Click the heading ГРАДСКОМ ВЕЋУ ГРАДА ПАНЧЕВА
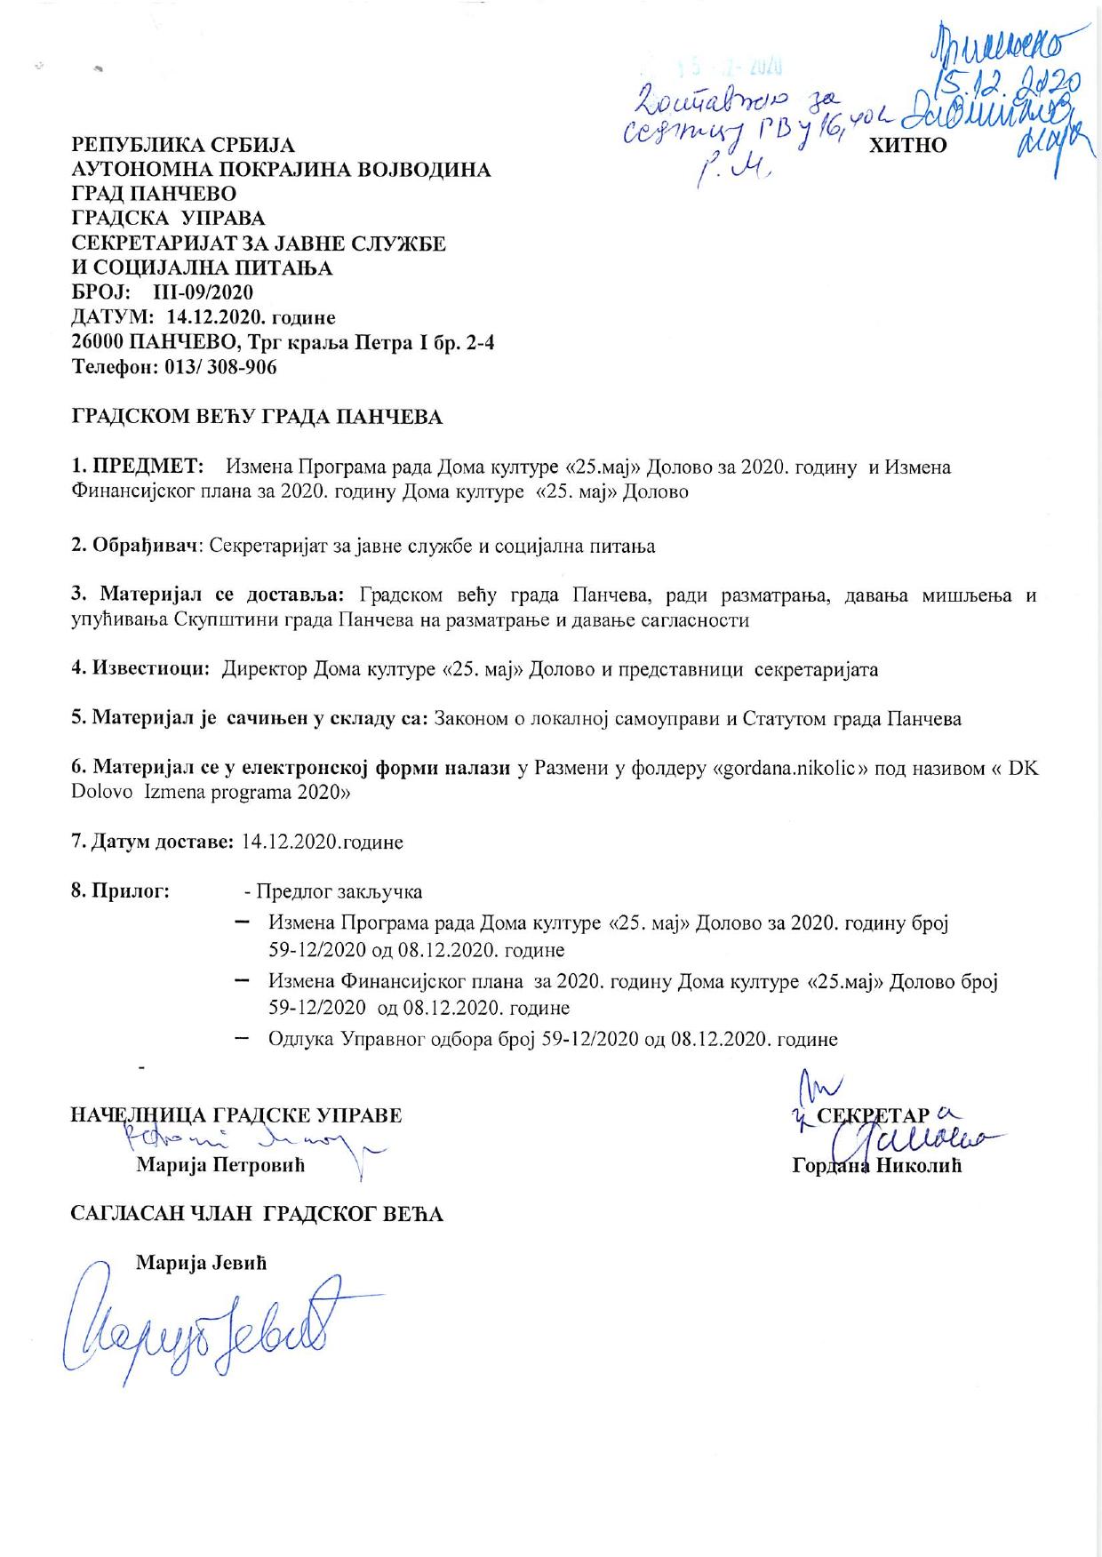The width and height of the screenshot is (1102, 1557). point(257,416)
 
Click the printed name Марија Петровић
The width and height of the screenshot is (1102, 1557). point(220,1166)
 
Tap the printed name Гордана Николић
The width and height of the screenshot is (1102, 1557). point(876,1166)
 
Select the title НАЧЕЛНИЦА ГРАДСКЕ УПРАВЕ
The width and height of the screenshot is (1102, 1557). point(236,1114)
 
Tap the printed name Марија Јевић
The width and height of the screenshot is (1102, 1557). point(201,1262)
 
